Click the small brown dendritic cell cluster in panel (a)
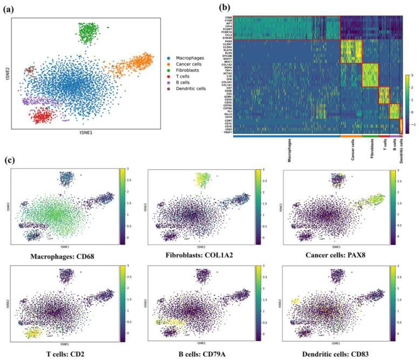click(31, 70)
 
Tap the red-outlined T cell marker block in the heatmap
click(384, 95)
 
